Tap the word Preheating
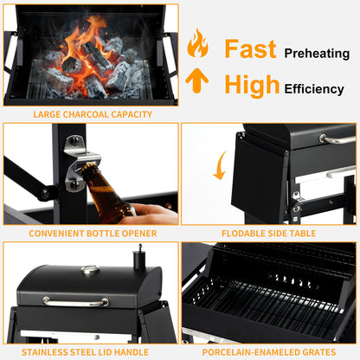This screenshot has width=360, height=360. click(x=316, y=53)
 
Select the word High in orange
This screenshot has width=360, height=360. click(x=252, y=85)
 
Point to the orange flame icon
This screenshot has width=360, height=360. click(x=197, y=43)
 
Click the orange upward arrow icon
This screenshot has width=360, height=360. click(x=197, y=81)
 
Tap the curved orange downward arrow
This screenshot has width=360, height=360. click(x=221, y=164)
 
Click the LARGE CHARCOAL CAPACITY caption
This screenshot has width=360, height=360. click(x=92, y=114)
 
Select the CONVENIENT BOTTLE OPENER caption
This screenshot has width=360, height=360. click(x=92, y=234)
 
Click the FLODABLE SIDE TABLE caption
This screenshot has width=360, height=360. click(x=269, y=234)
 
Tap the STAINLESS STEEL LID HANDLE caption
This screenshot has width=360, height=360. click(x=92, y=352)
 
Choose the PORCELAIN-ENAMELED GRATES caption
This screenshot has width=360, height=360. click(x=269, y=352)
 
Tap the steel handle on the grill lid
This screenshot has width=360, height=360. click(x=76, y=302)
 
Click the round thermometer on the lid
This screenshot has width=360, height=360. click(x=90, y=270)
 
